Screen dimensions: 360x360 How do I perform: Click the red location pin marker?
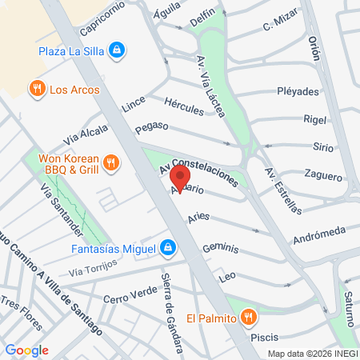pyautogui.click(x=181, y=178)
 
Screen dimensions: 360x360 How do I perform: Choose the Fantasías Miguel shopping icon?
pyautogui.click(x=167, y=248)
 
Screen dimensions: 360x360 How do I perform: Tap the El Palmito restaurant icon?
pyautogui.click(x=249, y=317)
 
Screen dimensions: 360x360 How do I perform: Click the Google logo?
pyautogui.click(x=27, y=350)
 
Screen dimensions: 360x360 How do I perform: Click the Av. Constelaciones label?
pyautogui.click(x=198, y=169)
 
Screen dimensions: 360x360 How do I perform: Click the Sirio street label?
pyautogui.click(x=322, y=147)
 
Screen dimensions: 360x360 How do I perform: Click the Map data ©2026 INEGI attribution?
pyautogui.click(x=313, y=353)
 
